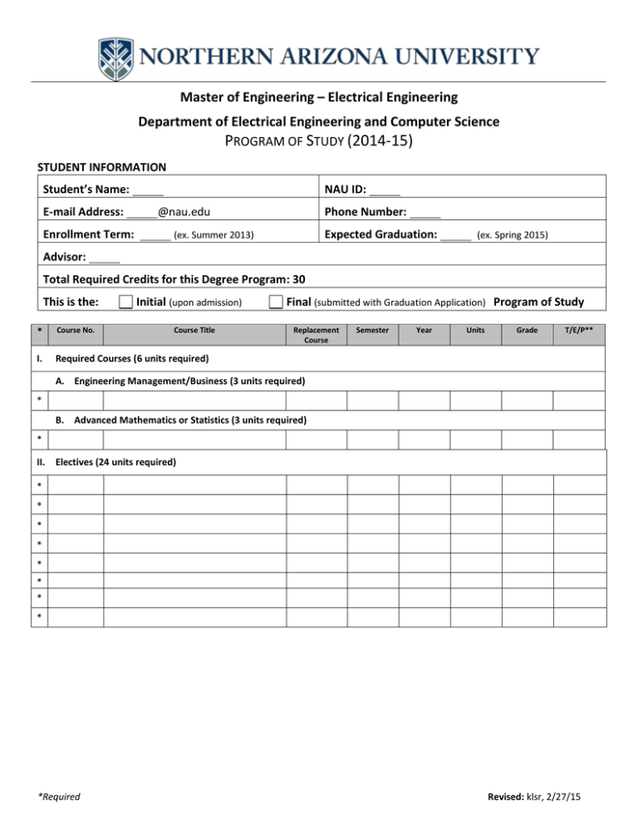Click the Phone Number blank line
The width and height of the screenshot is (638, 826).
pyautogui.click(x=425, y=214)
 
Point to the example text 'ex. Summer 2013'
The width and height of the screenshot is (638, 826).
pyautogui.click(x=213, y=236)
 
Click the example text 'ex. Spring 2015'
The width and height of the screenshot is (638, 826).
pyautogui.click(x=512, y=236)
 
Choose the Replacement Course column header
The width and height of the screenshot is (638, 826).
pyautogui.click(x=316, y=335)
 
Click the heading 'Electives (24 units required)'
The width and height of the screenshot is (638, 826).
pyautogui.click(x=115, y=461)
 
